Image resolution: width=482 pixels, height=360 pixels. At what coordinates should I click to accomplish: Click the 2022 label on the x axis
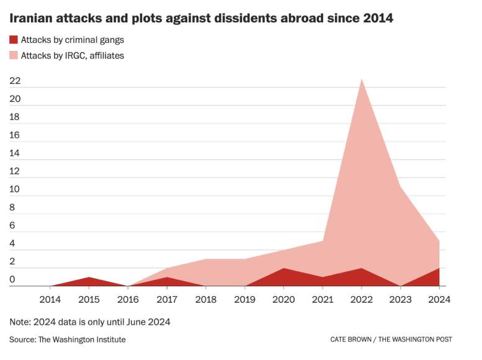pyautogui.click(x=362, y=299)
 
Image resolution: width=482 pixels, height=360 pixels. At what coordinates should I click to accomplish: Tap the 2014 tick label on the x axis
pyautogui.click(x=50, y=299)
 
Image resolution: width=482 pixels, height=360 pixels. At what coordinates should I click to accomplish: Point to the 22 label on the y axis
pyautogui.click(x=15, y=81)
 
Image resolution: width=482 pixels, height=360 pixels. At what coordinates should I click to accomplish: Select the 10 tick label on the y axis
pyautogui.click(x=15, y=189)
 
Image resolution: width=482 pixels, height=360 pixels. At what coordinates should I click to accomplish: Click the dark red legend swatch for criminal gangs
pyautogui.click(x=14, y=40)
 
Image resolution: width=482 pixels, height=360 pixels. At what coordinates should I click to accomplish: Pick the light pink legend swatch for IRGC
pyautogui.click(x=14, y=55)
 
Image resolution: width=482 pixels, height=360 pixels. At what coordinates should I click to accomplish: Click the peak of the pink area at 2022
pyautogui.click(x=362, y=79)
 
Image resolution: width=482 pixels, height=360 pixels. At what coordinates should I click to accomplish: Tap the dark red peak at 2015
pyautogui.click(x=89, y=277)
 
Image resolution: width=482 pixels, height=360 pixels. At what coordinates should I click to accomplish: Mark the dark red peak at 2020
pyautogui.click(x=283, y=268)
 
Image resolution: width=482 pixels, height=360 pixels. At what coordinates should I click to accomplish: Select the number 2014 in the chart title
pyautogui.click(x=378, y=18)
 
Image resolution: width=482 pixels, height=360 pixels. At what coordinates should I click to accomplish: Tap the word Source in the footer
pyautogui.click(x=23, y=340)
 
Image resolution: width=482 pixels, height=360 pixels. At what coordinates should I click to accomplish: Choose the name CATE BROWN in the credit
pyautogui.click(x=350, y=340)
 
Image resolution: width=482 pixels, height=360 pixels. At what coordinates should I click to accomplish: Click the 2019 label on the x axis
pyautogui.click(x=244, y=299)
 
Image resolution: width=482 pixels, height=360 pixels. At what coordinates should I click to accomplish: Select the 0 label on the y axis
pyautogui.click(x=12, y=279)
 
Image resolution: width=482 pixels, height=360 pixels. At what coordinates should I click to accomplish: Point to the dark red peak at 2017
pyautogui.click(x=167, y=277)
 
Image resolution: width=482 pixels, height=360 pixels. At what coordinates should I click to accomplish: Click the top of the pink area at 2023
pyautogui.click(x=400, y=187)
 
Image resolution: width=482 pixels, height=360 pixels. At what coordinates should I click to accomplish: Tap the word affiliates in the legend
pyautogui.click(x=107, y=56)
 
